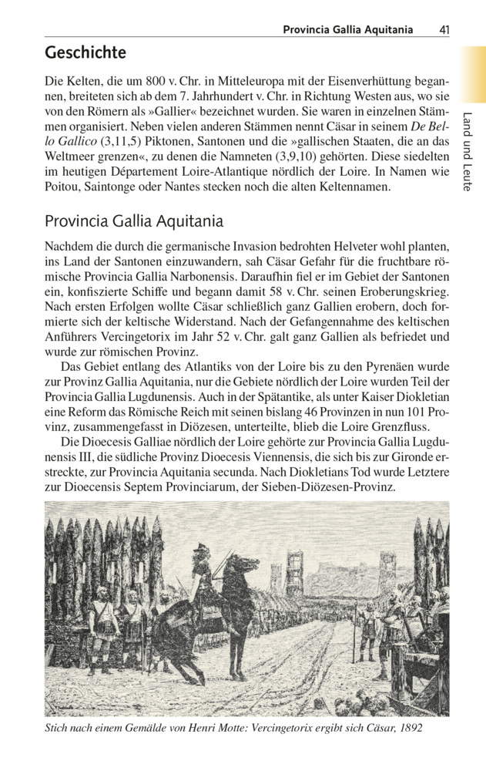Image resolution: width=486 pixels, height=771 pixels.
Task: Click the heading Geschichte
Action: (x=85, y=53)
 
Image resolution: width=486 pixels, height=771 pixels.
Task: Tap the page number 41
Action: (x=444, y=29)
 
